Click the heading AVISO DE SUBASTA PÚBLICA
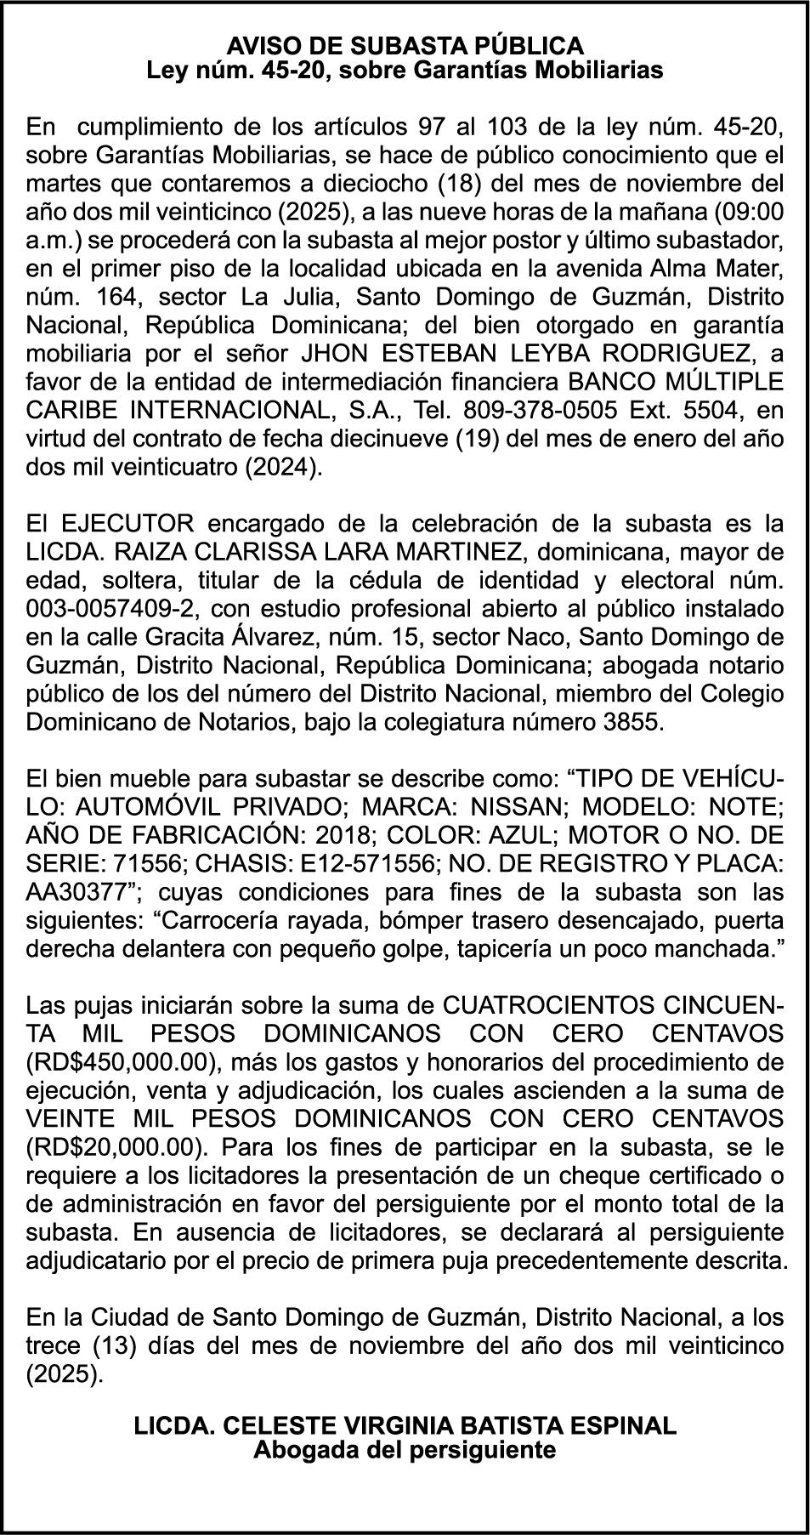(x=405, y=45)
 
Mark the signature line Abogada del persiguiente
(x=405, y=1449)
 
